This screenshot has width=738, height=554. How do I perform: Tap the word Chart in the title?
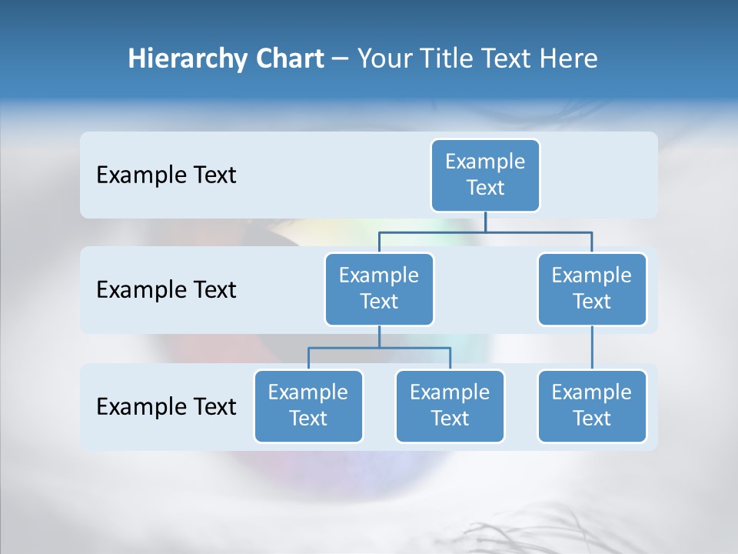[285, 59]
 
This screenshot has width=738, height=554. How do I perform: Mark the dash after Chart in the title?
[340, 60]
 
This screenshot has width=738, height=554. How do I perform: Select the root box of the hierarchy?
[485, 175]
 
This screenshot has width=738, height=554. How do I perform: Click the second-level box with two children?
[379, 289]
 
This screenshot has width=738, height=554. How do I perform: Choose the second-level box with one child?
[592, 289]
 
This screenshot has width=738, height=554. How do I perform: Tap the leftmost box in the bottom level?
[308, 405]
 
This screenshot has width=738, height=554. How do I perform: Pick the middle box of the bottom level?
[450, 405]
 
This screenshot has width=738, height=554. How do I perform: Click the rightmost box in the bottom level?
[592, 405]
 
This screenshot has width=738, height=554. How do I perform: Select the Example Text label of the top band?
[166, 175]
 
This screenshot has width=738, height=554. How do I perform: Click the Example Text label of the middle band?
[166, 290]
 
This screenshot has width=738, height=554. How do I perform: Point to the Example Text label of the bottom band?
[166, 406]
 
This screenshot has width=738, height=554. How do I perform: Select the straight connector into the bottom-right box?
[592, 347]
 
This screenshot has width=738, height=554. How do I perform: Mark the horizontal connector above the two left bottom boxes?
[379, 348]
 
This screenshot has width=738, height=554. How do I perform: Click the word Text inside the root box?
[485, 188]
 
